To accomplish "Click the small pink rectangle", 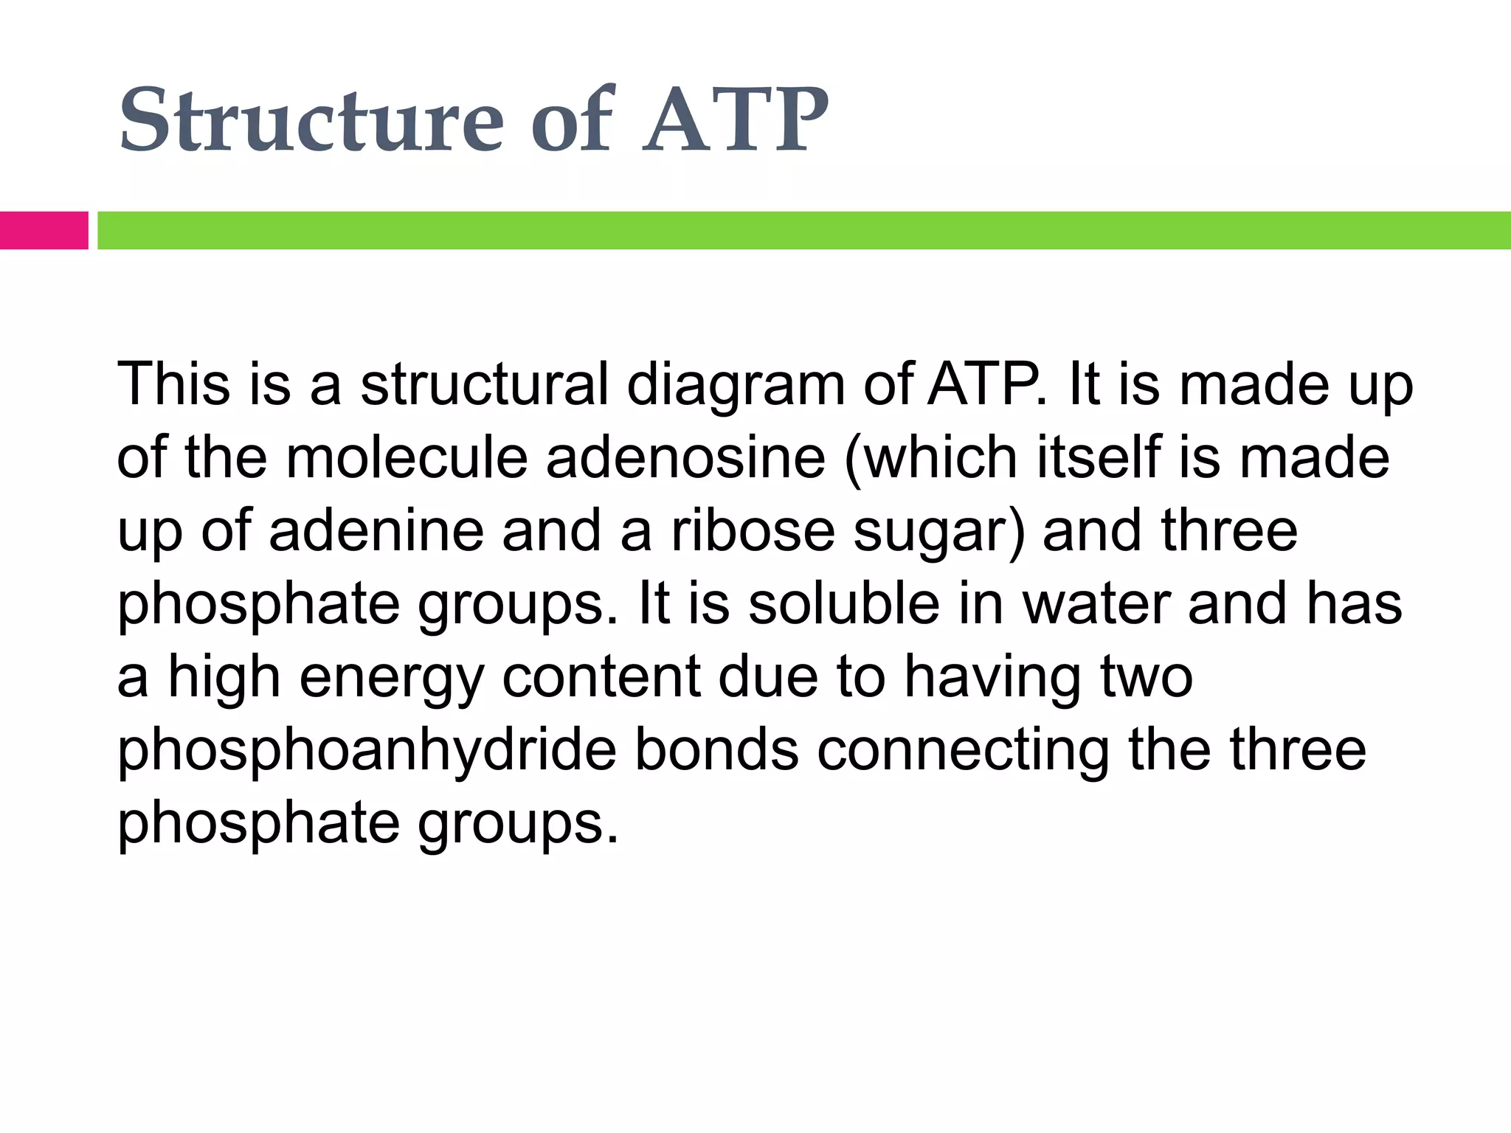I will (x=44, y=230).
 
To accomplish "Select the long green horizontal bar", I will (x=803, y=230).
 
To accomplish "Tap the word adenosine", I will (x=685, y=457).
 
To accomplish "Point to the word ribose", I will (x=753, y=530).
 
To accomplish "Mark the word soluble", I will (x=844, y=603).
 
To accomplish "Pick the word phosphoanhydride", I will (x=367, y=751).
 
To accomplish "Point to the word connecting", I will (x=964, y=751).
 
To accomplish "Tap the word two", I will (x=1147, y=676).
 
